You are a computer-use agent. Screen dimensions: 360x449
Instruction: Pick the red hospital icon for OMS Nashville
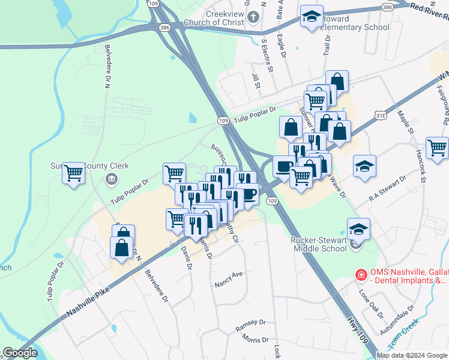tap(361, 274)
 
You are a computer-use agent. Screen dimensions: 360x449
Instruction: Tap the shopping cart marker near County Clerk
tap(74, 173)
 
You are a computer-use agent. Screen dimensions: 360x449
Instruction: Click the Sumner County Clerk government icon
tap(111, 179)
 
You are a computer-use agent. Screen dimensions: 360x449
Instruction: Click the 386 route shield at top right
tap(387, 7)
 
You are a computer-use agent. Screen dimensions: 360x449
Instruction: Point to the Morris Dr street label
tap(256, 339)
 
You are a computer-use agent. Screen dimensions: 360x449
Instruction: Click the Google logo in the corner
tap(20, 353)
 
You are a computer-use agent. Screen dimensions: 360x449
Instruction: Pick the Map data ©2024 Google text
tap(412, 355)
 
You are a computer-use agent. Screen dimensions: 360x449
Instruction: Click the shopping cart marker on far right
tap(437, 148)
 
